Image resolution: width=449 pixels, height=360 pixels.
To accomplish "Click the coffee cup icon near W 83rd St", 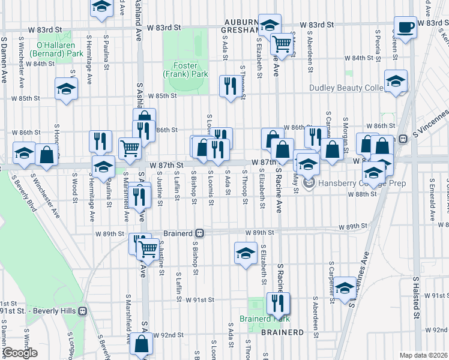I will pos(405,27).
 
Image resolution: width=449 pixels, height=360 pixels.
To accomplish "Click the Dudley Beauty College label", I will pos(347,88).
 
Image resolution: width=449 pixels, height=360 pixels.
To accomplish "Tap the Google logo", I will pos(19,353).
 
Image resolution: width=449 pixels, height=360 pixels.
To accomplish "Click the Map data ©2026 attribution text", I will pos(423,355).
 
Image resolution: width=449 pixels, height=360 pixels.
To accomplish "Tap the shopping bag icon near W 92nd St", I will pos(142,345).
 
